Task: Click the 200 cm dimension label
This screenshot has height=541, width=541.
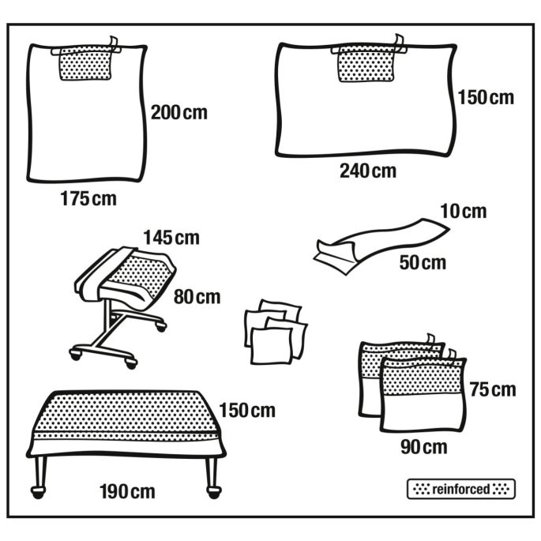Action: tap(179, 113)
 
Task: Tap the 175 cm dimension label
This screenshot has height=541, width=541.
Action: tap(88, 199)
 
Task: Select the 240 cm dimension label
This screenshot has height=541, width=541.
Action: tap(368, 171)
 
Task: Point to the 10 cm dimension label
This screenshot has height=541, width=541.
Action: tap(464, 211)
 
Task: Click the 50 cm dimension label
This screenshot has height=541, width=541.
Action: tap(423, 262)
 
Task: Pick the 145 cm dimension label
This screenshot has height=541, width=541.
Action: tap(171, 238)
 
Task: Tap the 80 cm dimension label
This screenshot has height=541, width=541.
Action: tap(197, 297)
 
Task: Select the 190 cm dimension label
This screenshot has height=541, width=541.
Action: tap(127, 492)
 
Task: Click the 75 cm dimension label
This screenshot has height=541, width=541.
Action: tap(493, 390)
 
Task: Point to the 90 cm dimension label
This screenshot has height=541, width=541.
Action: tap(424, 448)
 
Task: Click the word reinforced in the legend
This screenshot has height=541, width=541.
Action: tap(461, 489)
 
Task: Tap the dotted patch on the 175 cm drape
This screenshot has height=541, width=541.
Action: tap(86, 64)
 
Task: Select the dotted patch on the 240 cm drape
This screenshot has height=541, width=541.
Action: tap(366, 64)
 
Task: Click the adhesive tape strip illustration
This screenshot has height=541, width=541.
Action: tap(381, 245)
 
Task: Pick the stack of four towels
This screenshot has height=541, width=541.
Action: tap(276, 332)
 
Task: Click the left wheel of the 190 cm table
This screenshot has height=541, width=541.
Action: tap(38, 492)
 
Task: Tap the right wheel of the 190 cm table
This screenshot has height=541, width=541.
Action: tap(214, 492)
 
